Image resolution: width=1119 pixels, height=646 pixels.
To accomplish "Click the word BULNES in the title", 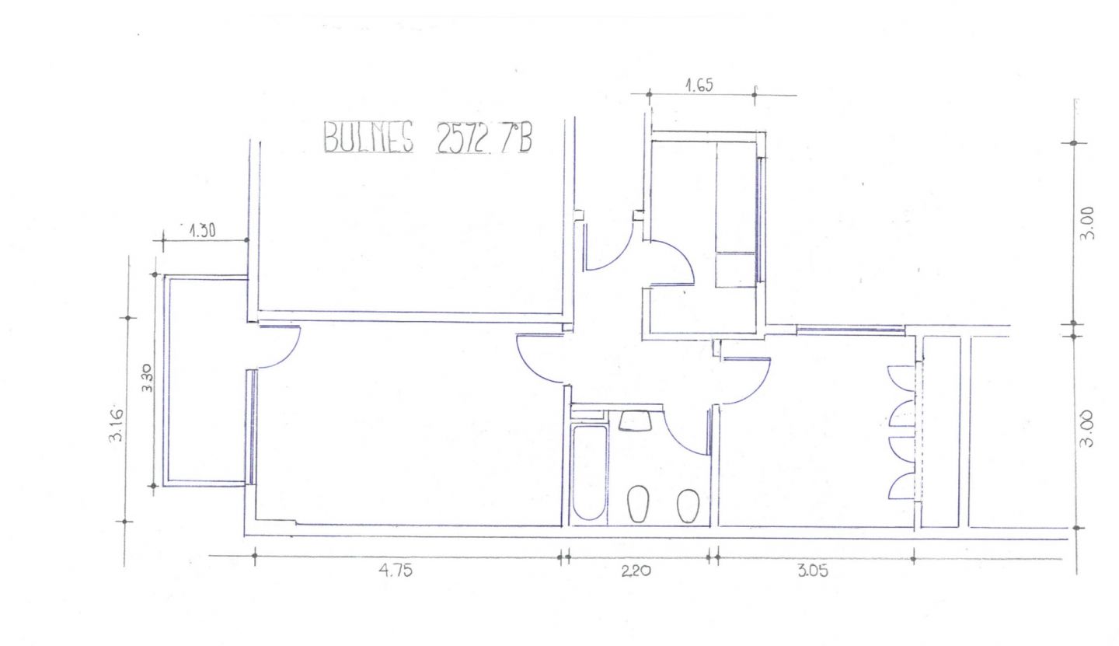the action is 368,137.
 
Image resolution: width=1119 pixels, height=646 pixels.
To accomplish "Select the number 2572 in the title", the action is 461,138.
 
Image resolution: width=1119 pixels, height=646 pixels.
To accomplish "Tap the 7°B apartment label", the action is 516,138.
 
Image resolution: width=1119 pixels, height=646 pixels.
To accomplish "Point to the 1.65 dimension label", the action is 699,86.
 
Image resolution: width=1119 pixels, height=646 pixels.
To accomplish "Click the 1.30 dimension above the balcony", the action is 202,230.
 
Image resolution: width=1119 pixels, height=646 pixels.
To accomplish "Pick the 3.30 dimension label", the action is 147,377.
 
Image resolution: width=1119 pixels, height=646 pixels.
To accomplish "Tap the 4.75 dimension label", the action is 396,570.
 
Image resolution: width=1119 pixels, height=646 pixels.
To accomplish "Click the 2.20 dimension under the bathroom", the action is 636,571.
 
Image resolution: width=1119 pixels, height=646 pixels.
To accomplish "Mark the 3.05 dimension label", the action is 813,571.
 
